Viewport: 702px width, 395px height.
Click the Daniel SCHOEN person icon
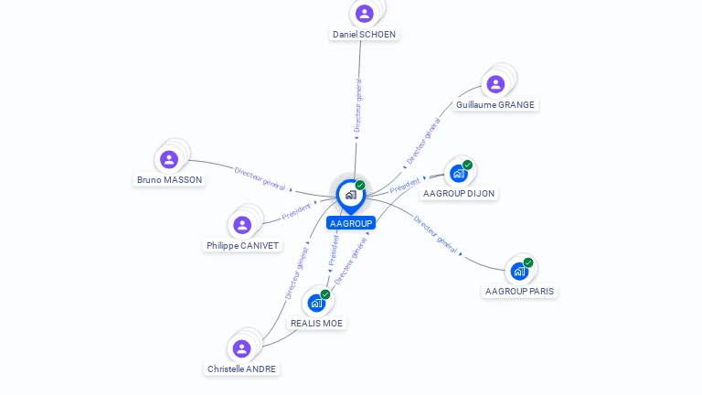point(364,14)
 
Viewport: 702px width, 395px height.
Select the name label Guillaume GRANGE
point(495,104)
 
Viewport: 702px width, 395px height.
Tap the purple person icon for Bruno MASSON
point(169,160)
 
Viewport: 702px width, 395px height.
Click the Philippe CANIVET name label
point(242,245)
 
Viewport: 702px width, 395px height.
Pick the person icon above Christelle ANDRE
point(241,348)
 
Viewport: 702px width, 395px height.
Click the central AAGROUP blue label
point(351,223)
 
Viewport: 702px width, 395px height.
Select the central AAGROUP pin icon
point(350,195)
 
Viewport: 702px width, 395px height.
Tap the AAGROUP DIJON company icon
point(459,174)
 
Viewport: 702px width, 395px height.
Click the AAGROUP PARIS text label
point(519,291)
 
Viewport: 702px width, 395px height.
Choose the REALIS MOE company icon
point(316,303)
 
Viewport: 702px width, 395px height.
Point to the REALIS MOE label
point(316,323)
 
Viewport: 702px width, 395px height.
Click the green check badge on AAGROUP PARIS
point(528,262)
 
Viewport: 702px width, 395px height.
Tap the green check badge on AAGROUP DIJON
point(467,165)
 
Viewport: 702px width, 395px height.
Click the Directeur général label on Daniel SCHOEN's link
point(358,106)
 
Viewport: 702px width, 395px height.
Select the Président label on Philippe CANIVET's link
point(297,211)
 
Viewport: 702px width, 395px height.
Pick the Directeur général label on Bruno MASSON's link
point(261,177)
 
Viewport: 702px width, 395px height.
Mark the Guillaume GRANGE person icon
point(495,84)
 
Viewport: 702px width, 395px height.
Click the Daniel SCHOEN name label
point(364,34)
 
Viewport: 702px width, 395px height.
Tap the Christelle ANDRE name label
point(241,368)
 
